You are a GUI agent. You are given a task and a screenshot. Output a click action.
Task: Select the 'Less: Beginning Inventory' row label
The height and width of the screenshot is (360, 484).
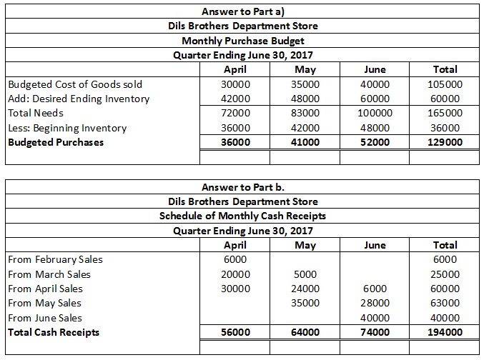[x=67, y=128]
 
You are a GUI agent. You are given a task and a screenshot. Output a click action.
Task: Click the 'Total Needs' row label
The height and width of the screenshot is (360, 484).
[x=36, y=113]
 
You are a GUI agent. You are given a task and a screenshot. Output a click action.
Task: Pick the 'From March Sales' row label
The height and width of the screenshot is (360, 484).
[x=49, y=274]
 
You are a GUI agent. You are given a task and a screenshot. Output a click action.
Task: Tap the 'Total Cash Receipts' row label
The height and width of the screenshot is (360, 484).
[x=54, y=332]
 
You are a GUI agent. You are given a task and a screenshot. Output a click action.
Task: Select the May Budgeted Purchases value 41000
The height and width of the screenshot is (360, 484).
[x=306, y=142]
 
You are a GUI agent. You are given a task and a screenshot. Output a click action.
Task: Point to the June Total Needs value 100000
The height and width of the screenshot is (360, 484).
[x=375, y=113]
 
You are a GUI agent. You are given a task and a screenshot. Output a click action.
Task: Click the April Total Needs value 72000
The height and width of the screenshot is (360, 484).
[x=236, y=113]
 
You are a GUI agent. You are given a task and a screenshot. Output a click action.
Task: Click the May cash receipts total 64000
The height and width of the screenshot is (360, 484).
[x=306, y=332]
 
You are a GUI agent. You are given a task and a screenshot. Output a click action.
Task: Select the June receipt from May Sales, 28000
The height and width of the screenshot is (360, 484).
[x=375, y=303]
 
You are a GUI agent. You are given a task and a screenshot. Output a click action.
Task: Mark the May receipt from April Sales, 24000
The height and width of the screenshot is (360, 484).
[x=306, y=289]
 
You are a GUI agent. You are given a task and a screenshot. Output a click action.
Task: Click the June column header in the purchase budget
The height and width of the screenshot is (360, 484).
[x=375, y=69]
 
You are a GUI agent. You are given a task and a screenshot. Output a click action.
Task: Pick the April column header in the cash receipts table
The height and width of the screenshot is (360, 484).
[x=236, y=245]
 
